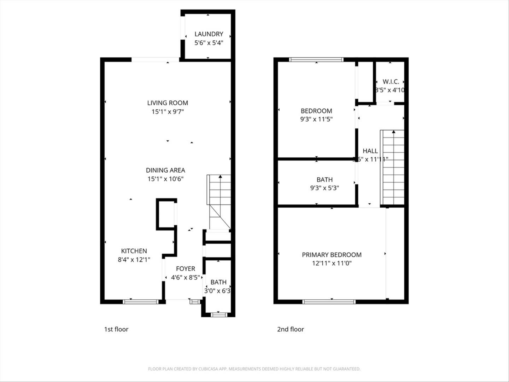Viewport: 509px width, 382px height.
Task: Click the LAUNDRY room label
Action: point(209,34)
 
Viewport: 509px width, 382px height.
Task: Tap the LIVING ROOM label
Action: point(168,103)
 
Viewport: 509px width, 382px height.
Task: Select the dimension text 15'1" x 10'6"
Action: point(165,179)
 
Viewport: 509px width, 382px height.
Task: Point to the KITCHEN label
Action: point(134,251)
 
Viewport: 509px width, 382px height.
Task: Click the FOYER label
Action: point(186,269)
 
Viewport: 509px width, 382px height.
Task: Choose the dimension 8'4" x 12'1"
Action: point(134,260)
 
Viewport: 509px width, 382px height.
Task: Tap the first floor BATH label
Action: point(218,282)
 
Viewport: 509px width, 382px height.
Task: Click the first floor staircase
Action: point(219,202)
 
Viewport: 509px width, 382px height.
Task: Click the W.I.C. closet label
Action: point(391,82)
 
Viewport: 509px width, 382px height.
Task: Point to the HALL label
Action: point(370,151)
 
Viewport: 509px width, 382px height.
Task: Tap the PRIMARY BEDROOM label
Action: point(332,255)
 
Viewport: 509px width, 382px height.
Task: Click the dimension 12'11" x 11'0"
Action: point(332,263)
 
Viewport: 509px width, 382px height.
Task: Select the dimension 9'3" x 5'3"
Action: point(324,188)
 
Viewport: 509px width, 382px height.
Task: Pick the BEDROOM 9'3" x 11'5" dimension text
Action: point(316,119)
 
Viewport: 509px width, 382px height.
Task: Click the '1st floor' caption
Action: point(116,329)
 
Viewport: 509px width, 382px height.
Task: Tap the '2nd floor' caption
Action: point(290,329)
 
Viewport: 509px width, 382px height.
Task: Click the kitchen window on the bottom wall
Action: point(141,302)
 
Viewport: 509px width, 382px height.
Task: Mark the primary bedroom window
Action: point(329,302)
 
